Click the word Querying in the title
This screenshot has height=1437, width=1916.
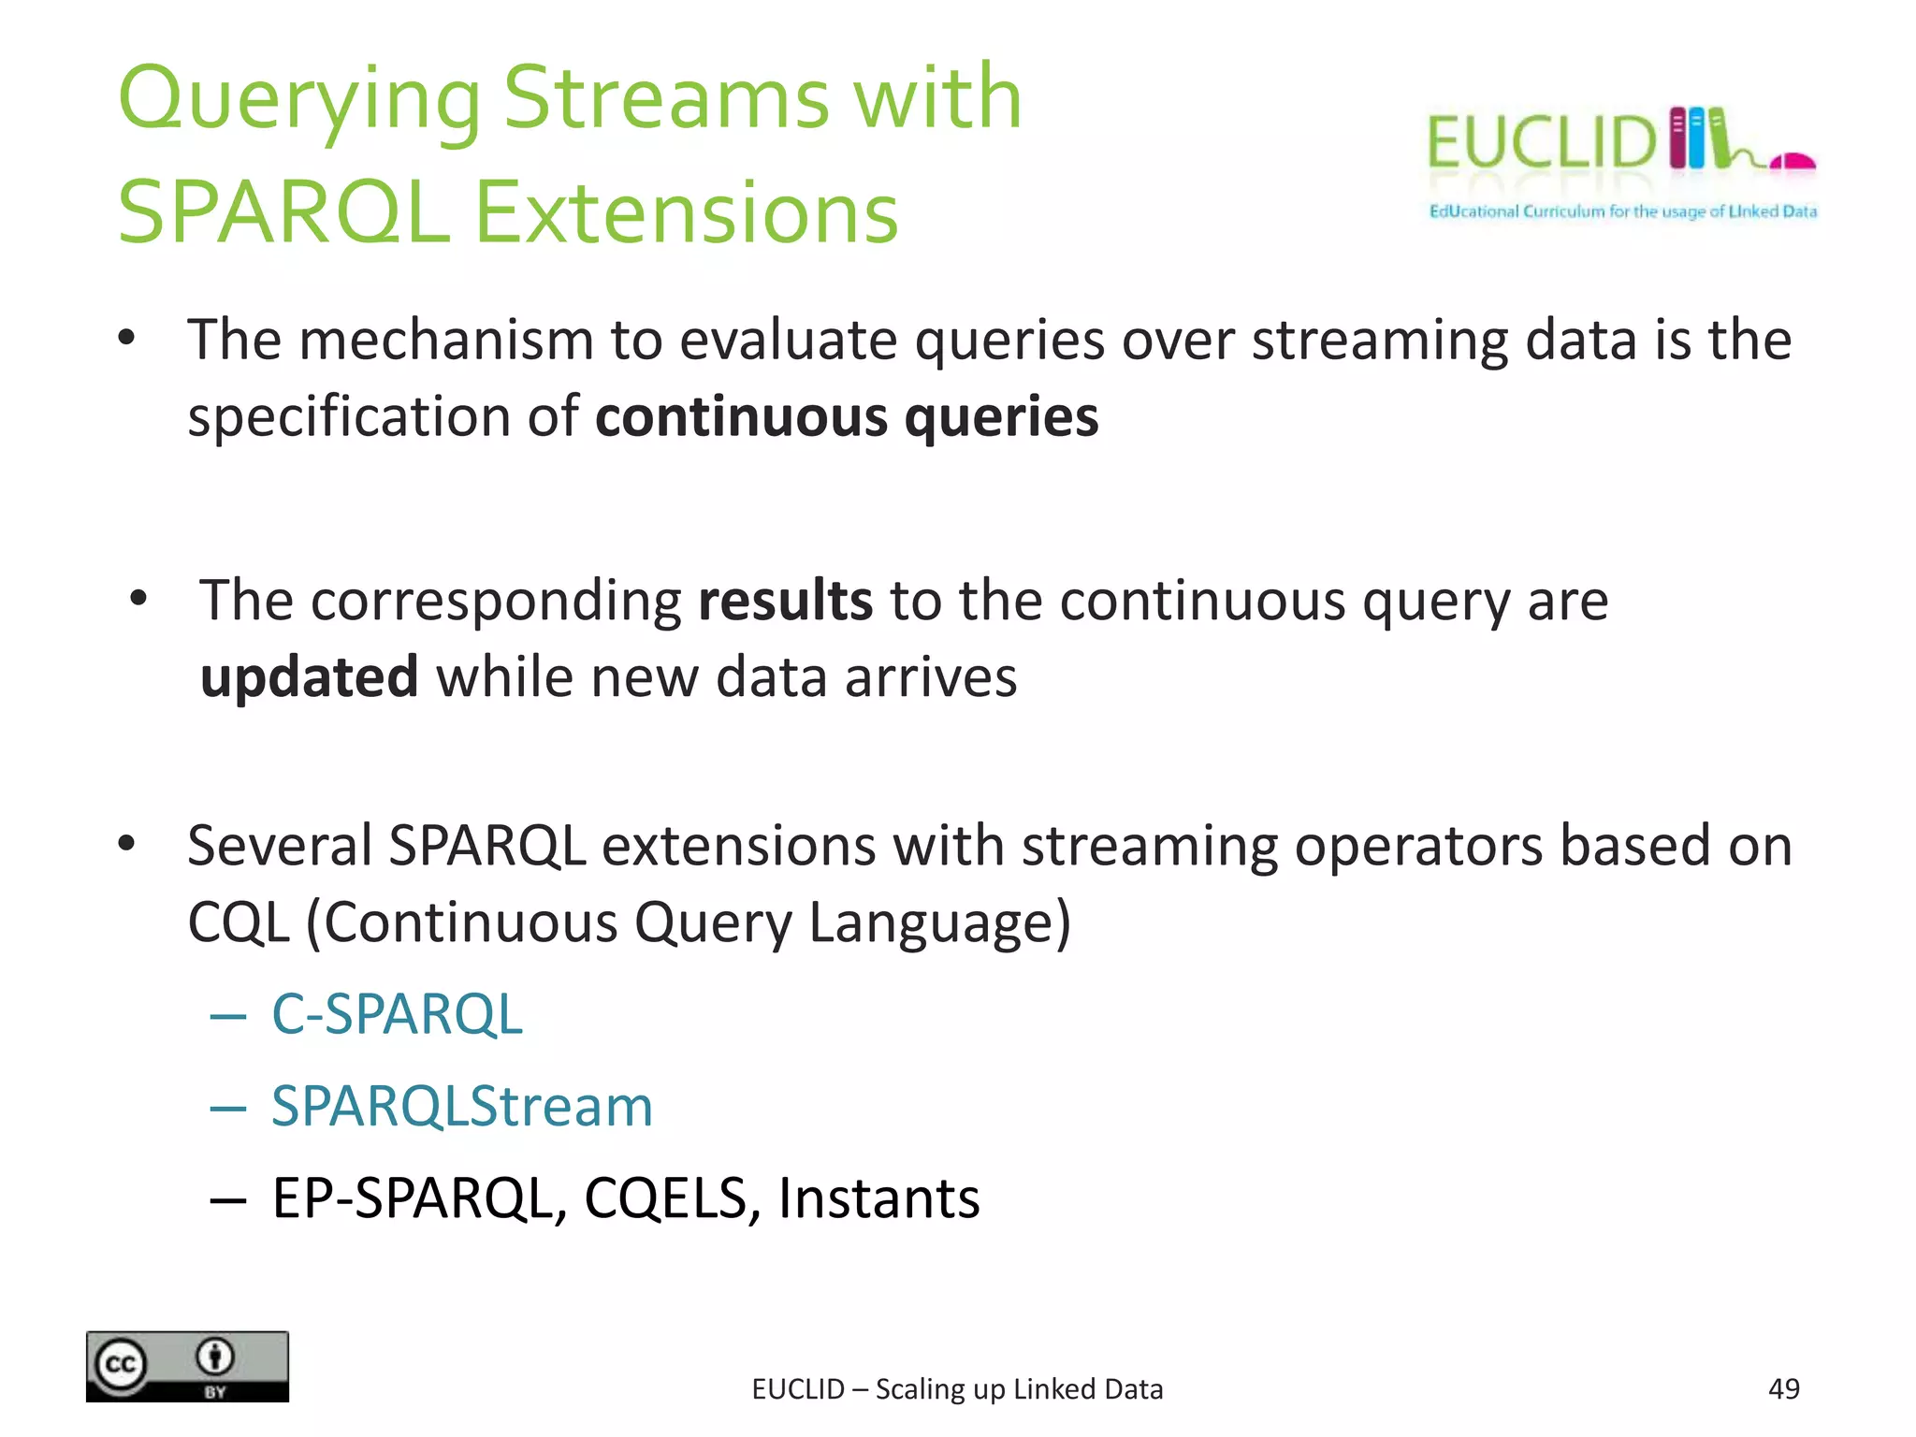coord(298,100)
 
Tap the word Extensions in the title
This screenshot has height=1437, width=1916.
coord(686,214)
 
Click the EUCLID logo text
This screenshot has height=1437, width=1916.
coord(1541,143)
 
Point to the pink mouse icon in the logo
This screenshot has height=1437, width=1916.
coord(1793,162)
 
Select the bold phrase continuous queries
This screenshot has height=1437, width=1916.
coord(847,417)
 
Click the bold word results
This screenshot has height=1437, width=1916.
coord(785,601)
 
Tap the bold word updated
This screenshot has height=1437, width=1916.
coord(309,677)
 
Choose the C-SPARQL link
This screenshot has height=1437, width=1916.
coord(397,1014)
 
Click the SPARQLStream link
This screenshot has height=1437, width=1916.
coord(461,1106)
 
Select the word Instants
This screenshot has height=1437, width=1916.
coord(878,1198)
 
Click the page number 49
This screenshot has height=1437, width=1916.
coord(1783,1389)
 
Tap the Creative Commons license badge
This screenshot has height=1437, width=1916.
coord(187,1367)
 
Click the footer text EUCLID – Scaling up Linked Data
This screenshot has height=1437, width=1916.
coord(957,1389)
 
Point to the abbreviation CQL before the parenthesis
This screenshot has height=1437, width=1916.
coord(239,923)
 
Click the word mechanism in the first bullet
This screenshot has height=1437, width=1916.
coord(446,340)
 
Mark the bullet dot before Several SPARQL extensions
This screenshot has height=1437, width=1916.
coord(127,844)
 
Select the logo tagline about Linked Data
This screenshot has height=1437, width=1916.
coord(1622,211)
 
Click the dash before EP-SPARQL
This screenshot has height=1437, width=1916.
coord(228,1199)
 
